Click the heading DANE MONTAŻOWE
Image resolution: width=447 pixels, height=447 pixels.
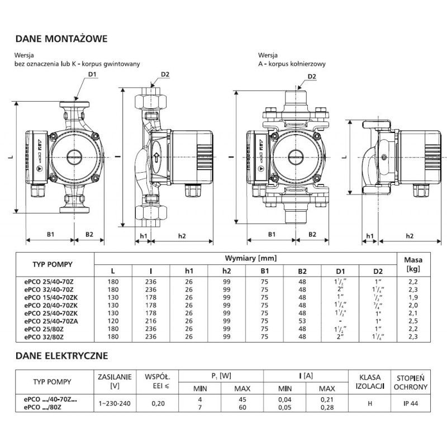60,39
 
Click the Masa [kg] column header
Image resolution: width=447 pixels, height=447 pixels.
413,264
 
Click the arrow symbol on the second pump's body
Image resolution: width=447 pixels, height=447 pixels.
156,157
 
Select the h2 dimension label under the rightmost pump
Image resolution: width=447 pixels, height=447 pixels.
410,236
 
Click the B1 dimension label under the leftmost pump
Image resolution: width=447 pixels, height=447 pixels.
50,235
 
